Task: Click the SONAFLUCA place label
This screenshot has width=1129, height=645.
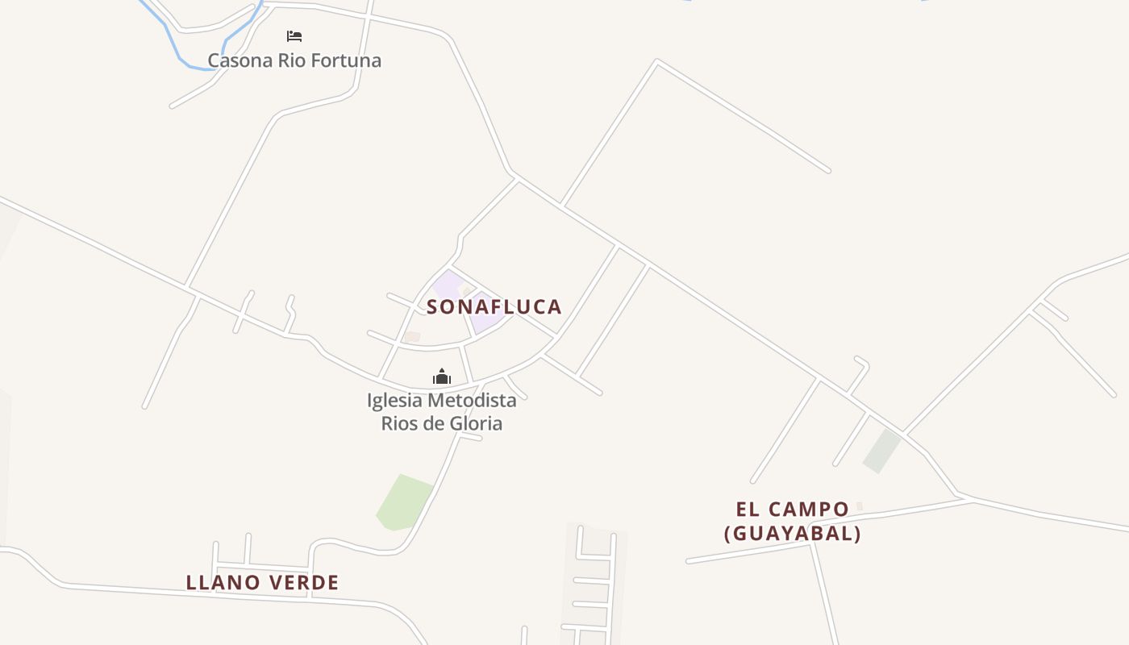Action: point(494,307)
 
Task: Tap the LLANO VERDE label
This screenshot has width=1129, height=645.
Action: point(262,582)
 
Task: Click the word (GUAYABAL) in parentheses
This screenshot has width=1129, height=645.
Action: point(792,534)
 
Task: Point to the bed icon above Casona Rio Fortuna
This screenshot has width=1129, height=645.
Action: point(294,36)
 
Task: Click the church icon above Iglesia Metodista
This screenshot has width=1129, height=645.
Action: point(441,377)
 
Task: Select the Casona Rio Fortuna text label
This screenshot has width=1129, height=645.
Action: point(294,60)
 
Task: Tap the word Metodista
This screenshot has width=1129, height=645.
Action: point(473,400)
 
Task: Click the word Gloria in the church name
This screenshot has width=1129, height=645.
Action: point(475,423)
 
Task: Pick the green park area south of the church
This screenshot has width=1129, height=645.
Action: point(403,502)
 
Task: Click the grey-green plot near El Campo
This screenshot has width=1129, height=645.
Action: point(881,451)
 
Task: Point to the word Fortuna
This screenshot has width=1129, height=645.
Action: point(348,60)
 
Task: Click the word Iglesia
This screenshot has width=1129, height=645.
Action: point(395,400)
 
